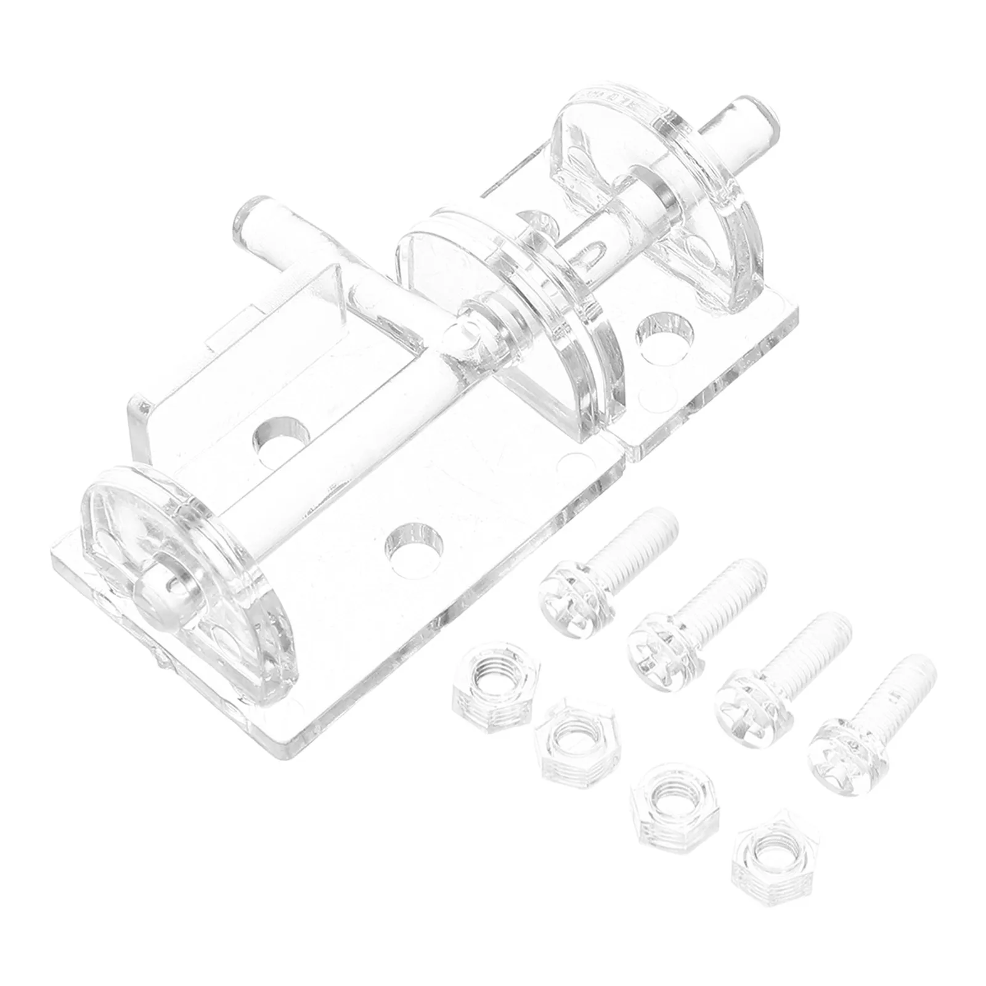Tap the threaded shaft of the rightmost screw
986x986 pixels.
[x=900, y=690]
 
